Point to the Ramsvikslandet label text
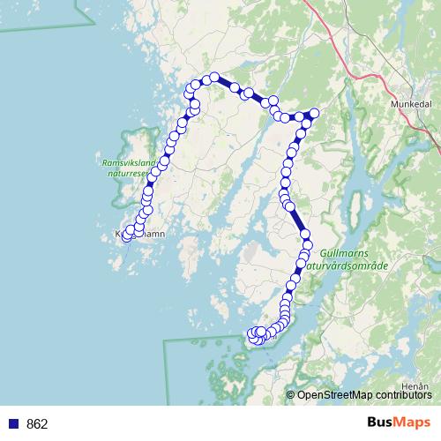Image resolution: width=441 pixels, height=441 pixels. pos(129,163)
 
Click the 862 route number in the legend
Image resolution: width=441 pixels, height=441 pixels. pos(37,424)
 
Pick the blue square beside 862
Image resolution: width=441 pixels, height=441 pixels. pos(13,424)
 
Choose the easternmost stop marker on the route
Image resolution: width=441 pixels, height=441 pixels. pos(313,113)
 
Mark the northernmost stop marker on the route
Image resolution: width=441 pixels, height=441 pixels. pos(213,78)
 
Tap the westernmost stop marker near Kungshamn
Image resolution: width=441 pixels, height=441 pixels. pos(127,236)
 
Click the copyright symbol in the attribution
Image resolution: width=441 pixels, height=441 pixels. pos(290,394)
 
